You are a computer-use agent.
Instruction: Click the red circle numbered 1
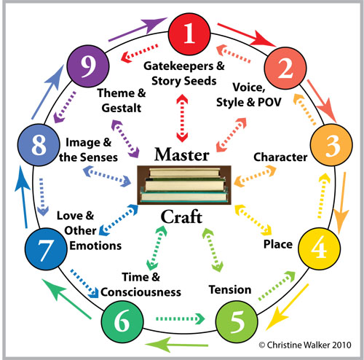[x=189, y=34]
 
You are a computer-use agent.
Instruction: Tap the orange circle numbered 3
[x=331, y=146]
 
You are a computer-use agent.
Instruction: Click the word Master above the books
[x=182, y=155]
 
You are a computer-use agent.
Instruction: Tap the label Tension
[x=229, y=290]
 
